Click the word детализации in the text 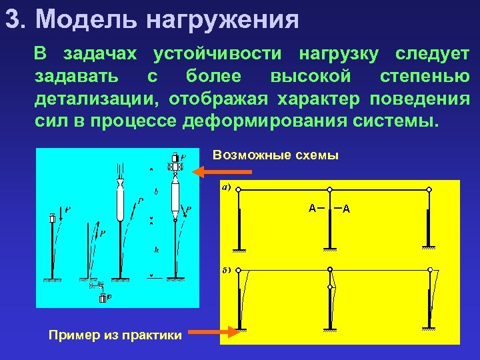96,100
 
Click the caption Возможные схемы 275,156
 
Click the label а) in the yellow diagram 226,187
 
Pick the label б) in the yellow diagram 226,271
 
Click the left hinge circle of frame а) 239,190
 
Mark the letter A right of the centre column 346,209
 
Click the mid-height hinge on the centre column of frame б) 330,287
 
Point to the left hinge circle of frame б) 239,270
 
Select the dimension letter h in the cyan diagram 155,250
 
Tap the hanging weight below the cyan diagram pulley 103,299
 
